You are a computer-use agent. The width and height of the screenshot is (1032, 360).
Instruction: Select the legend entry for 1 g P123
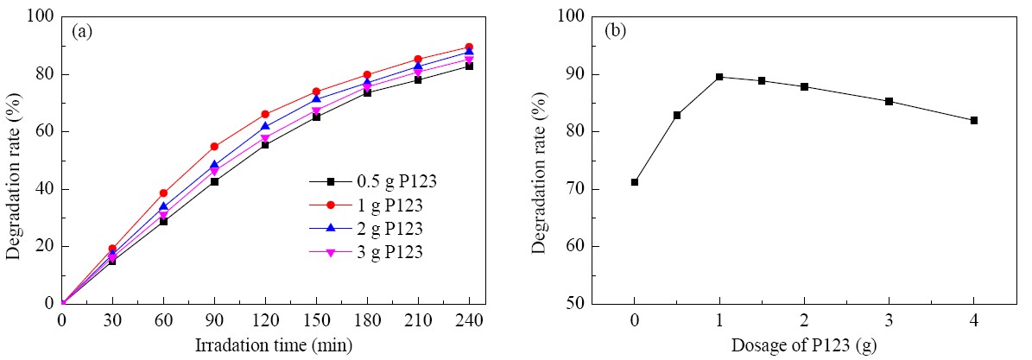(365, 205)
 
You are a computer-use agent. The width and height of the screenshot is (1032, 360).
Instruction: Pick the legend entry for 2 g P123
(366, 229)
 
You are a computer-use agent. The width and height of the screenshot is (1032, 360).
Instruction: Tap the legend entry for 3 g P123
(366, 251)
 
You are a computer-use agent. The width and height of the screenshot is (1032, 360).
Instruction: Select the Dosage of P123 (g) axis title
(804, 344)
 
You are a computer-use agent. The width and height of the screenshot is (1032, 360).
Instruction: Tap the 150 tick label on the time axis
(316, 320)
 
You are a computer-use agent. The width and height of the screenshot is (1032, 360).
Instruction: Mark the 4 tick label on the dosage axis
(973, 320)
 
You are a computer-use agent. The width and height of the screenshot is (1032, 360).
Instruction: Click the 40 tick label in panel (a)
(46, 190)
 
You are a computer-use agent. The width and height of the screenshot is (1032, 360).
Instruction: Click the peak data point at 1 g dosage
(719, 77)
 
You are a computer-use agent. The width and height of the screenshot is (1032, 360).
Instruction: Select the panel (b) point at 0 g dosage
(635, 182)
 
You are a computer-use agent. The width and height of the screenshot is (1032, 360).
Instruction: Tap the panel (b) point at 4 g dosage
(973, 121)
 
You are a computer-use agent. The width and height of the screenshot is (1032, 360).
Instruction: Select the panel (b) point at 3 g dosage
(889, 101)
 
